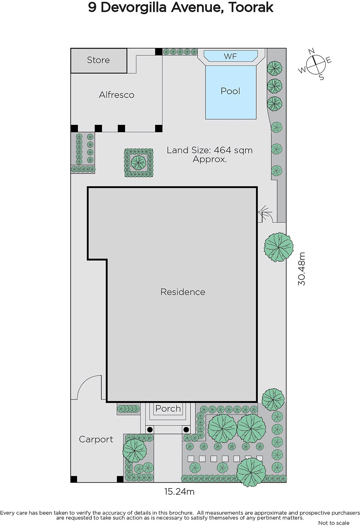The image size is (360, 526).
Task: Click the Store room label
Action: point(98,60)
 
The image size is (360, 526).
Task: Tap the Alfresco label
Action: point(117,95)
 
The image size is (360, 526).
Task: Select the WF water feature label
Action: point(230,56)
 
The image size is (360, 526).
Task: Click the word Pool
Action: point(230,91)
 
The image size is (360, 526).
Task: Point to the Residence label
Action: point(183,292)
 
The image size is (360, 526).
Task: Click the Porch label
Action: point(168,409)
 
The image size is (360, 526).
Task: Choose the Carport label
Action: point(96,440)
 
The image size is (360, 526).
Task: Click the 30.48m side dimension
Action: point(302,269)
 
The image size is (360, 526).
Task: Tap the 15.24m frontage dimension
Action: point(179,491)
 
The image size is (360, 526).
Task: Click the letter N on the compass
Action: point(311,51)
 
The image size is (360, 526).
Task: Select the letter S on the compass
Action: point(322,78)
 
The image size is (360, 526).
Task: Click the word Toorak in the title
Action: point(251,7)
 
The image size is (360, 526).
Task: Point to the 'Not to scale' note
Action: point(334,523)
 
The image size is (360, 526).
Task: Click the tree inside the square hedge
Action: point(139,162)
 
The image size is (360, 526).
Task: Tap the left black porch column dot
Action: point(150,429)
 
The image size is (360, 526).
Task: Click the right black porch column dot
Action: point(186,429)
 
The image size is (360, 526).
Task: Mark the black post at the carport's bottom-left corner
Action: point(74,479)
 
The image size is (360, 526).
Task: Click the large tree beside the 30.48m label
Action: point(279,247)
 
